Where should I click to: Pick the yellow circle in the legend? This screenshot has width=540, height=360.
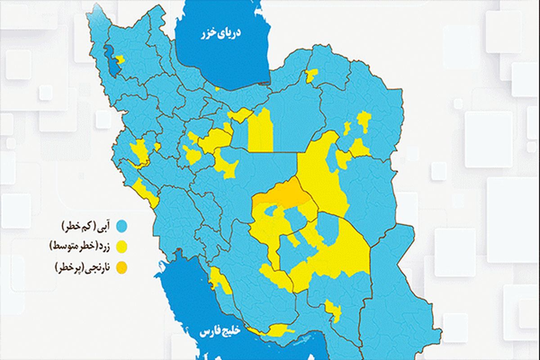point(121,246)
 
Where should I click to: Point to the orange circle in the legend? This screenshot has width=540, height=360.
point(121,268)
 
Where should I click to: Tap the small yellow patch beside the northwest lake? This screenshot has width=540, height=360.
point(120,59)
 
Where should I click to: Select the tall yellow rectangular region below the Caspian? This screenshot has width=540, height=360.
point(261,130)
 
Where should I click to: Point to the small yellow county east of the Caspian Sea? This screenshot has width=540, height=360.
point(311,76)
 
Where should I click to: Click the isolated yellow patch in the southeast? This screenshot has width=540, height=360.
point(333,310)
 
